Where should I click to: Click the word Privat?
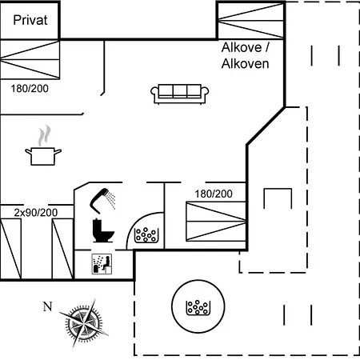pyautogui.click(x=30, y=20)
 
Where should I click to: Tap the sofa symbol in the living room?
pyautogui.click(x=180, y=94)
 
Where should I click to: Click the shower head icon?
pyautogui.click(x=102, y=201)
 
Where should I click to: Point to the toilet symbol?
pyautogui.click(x=103, y=230)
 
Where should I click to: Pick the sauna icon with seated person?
pyautogui.click(x=102, y=264)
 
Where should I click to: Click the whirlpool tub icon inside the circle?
pyautogui.click(x=198, y=307)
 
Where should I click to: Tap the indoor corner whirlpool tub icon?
pyautogui.click(x=146, y=235)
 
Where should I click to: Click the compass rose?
pyautogui.click(x=84, y=323)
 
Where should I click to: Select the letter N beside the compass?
pyautogui.click(x=47, y=306)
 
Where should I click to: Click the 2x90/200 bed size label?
pyautogui.click(x=36, y=213)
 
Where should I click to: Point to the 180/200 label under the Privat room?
pyautogui.click(x=30, y=89)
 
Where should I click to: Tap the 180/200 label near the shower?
pyautogui.click(x=214, y=194)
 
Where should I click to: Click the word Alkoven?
pyautogui.click(x=245, y=64)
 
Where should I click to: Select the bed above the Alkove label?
pyautogui.click(x=250, y=21)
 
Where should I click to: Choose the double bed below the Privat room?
pyautogui.click(x=30, y=59)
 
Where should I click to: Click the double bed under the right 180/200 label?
pyautogui.click(x=216, y=222)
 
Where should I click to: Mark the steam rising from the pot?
pyautogui.click(x=44, y=135)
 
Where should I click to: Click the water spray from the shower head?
pyautogui.click(x=110, y=199)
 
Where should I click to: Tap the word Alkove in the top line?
pyautogui.click(x=242, y=47)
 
